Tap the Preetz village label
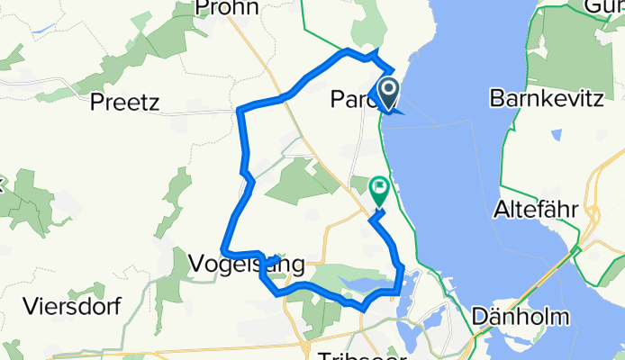point(124,103)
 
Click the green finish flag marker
point(379,189)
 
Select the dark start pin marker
point(389,91)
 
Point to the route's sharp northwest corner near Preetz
point(239,110)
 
